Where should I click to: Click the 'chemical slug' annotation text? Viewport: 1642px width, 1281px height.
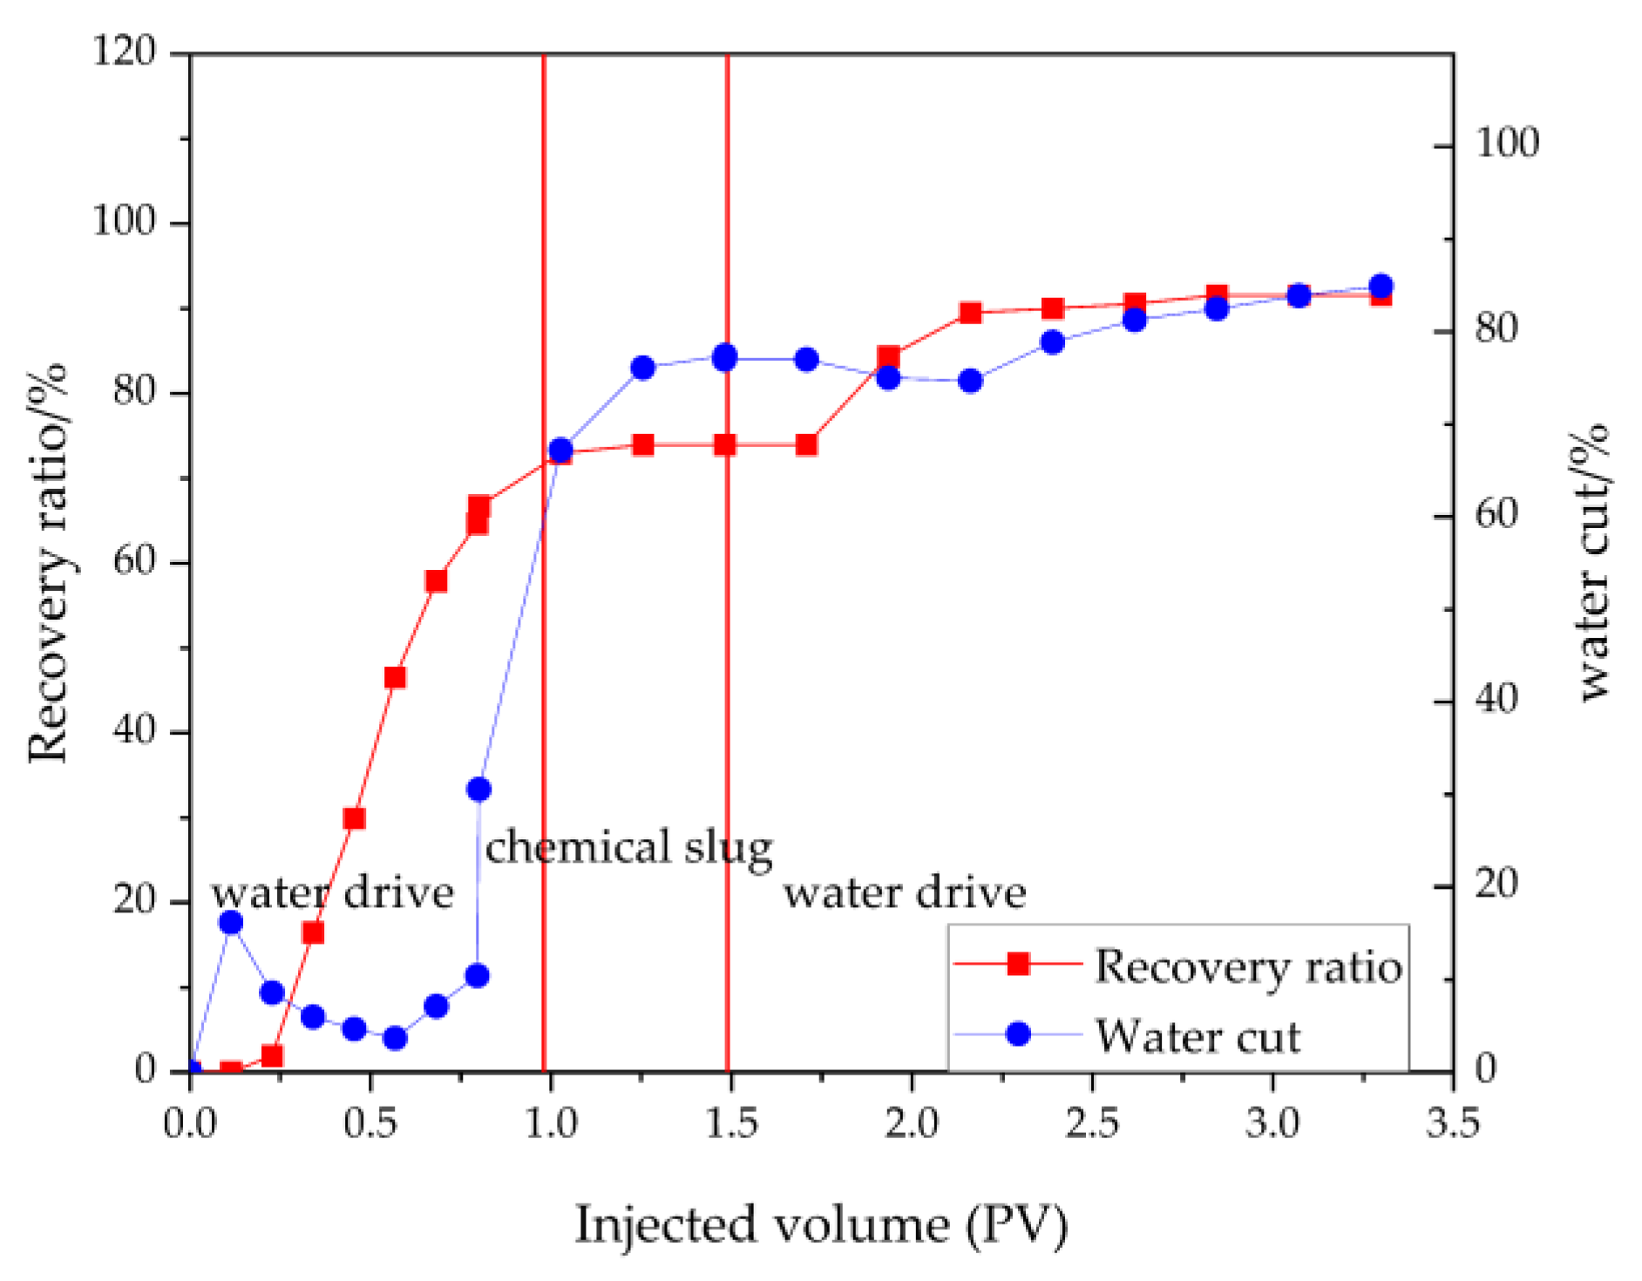(x=628, y=848)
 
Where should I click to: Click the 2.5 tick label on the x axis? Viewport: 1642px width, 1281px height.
(x=1092, y=1122)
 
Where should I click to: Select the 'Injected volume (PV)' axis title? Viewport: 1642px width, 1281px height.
(x=821, y=1224)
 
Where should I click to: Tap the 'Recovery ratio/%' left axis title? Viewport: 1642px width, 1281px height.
(x=47, y=562)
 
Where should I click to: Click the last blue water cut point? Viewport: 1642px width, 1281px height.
(x=1381, y=286)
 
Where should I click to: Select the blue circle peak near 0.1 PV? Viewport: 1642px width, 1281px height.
(x=231, y=922)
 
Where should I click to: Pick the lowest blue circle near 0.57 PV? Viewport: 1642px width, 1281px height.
(x=395, y=1038)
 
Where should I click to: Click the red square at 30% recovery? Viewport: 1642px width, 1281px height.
(x=354, y=818)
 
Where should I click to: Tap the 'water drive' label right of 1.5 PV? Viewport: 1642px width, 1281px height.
(x=904, y=893)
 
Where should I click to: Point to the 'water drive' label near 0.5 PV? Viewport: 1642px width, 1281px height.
(x=332, y=893)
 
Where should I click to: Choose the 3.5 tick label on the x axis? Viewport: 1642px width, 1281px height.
(x=1452, y=1122)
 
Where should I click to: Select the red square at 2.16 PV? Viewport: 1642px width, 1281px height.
(x=971, y=313)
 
